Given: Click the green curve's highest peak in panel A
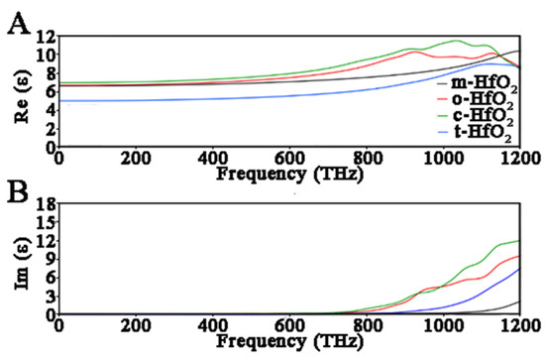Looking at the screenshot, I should [456, 41].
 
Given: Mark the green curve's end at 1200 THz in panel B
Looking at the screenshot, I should [518, 241].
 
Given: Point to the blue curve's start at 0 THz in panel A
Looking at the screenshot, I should [60, 100].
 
